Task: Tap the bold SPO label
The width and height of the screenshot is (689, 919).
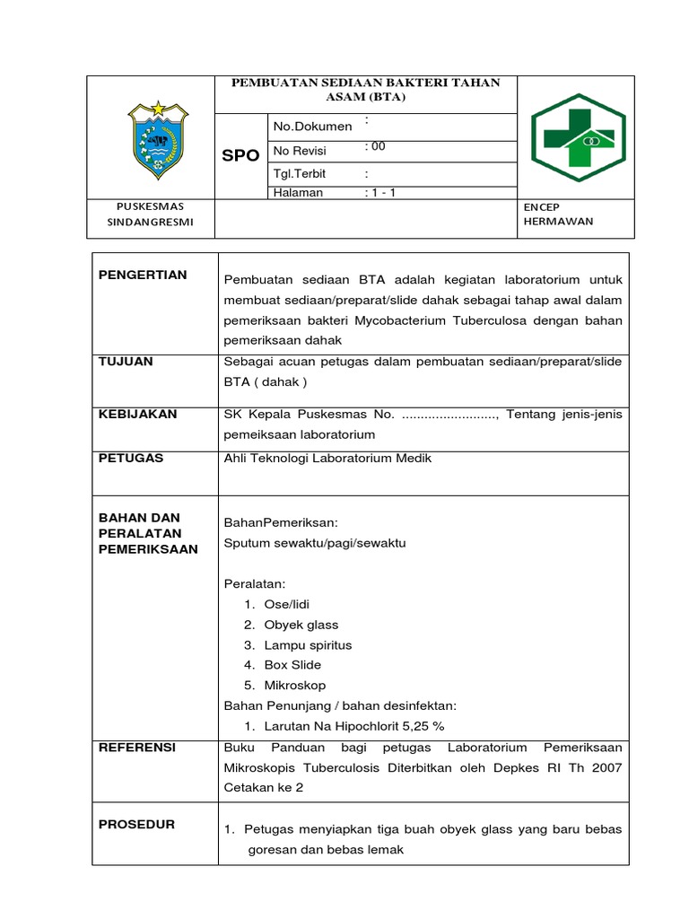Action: [240, 155]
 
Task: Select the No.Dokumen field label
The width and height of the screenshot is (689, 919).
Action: [312, 127]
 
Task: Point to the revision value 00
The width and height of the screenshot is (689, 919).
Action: [376, 146]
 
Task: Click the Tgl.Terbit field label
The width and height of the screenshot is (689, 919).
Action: [301, 174]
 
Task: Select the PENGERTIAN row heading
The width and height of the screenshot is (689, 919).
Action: [143, 275]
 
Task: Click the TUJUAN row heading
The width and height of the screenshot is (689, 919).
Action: [126, 361]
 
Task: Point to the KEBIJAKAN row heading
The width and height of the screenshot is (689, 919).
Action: [137, 414]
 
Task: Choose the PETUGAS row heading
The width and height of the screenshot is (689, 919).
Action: [131, 458]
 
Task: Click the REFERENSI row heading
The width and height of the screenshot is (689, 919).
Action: [137, 747]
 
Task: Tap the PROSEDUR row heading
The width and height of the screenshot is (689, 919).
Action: [136, 824]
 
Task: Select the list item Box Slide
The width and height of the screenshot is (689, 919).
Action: [292, 665]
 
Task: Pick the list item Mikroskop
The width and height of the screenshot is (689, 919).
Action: [295, 686]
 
